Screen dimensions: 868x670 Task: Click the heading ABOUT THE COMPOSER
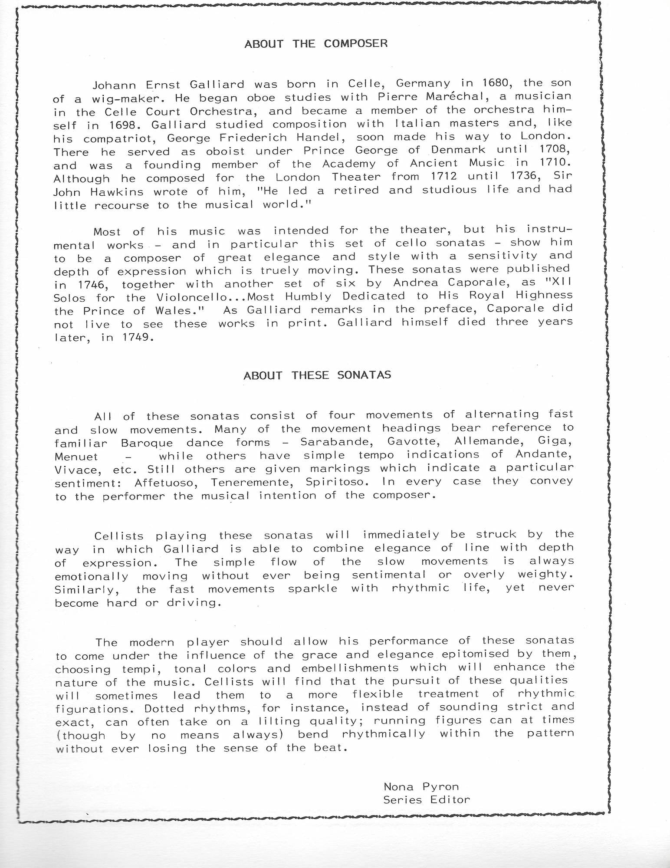[x=316, y=43]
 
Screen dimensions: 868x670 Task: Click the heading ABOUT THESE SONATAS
[x=317, y=375]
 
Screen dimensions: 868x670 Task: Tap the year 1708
[x=554, y=150]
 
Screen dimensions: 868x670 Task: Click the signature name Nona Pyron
[x=421, y=786]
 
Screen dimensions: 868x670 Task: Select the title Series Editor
[x=426, y=799]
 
